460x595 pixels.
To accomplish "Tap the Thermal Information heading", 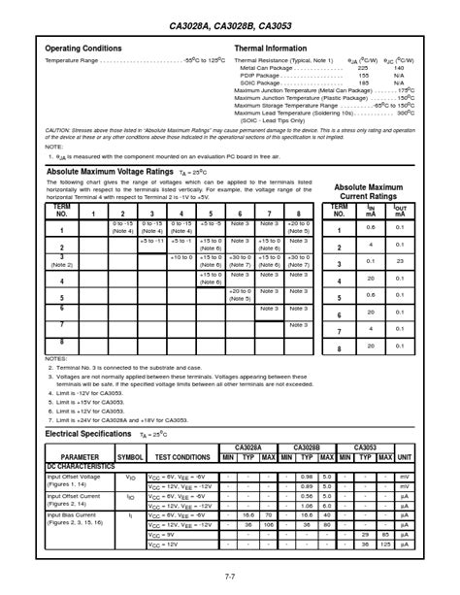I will pyautogui.click(x=275, y=49).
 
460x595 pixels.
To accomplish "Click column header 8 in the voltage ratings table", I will pyautogui.click(x=298, y=213).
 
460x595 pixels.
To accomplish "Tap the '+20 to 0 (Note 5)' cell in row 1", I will pyautogui.click(x=298, y=227).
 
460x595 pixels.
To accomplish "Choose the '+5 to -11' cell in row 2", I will pyautogui.click(x=151, y=241).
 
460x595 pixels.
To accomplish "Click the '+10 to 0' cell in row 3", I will pyautogui.click(x=181, y=256).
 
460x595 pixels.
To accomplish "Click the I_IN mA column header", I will pyautogui.click(x=370, y=211).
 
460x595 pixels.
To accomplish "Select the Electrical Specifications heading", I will pyautogui.click(x=86, y=435).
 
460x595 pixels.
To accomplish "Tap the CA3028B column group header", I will pyautogui.click(x=307, y=447).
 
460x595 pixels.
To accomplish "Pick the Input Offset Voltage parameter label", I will pyautogui.click(x=74, y=476).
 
